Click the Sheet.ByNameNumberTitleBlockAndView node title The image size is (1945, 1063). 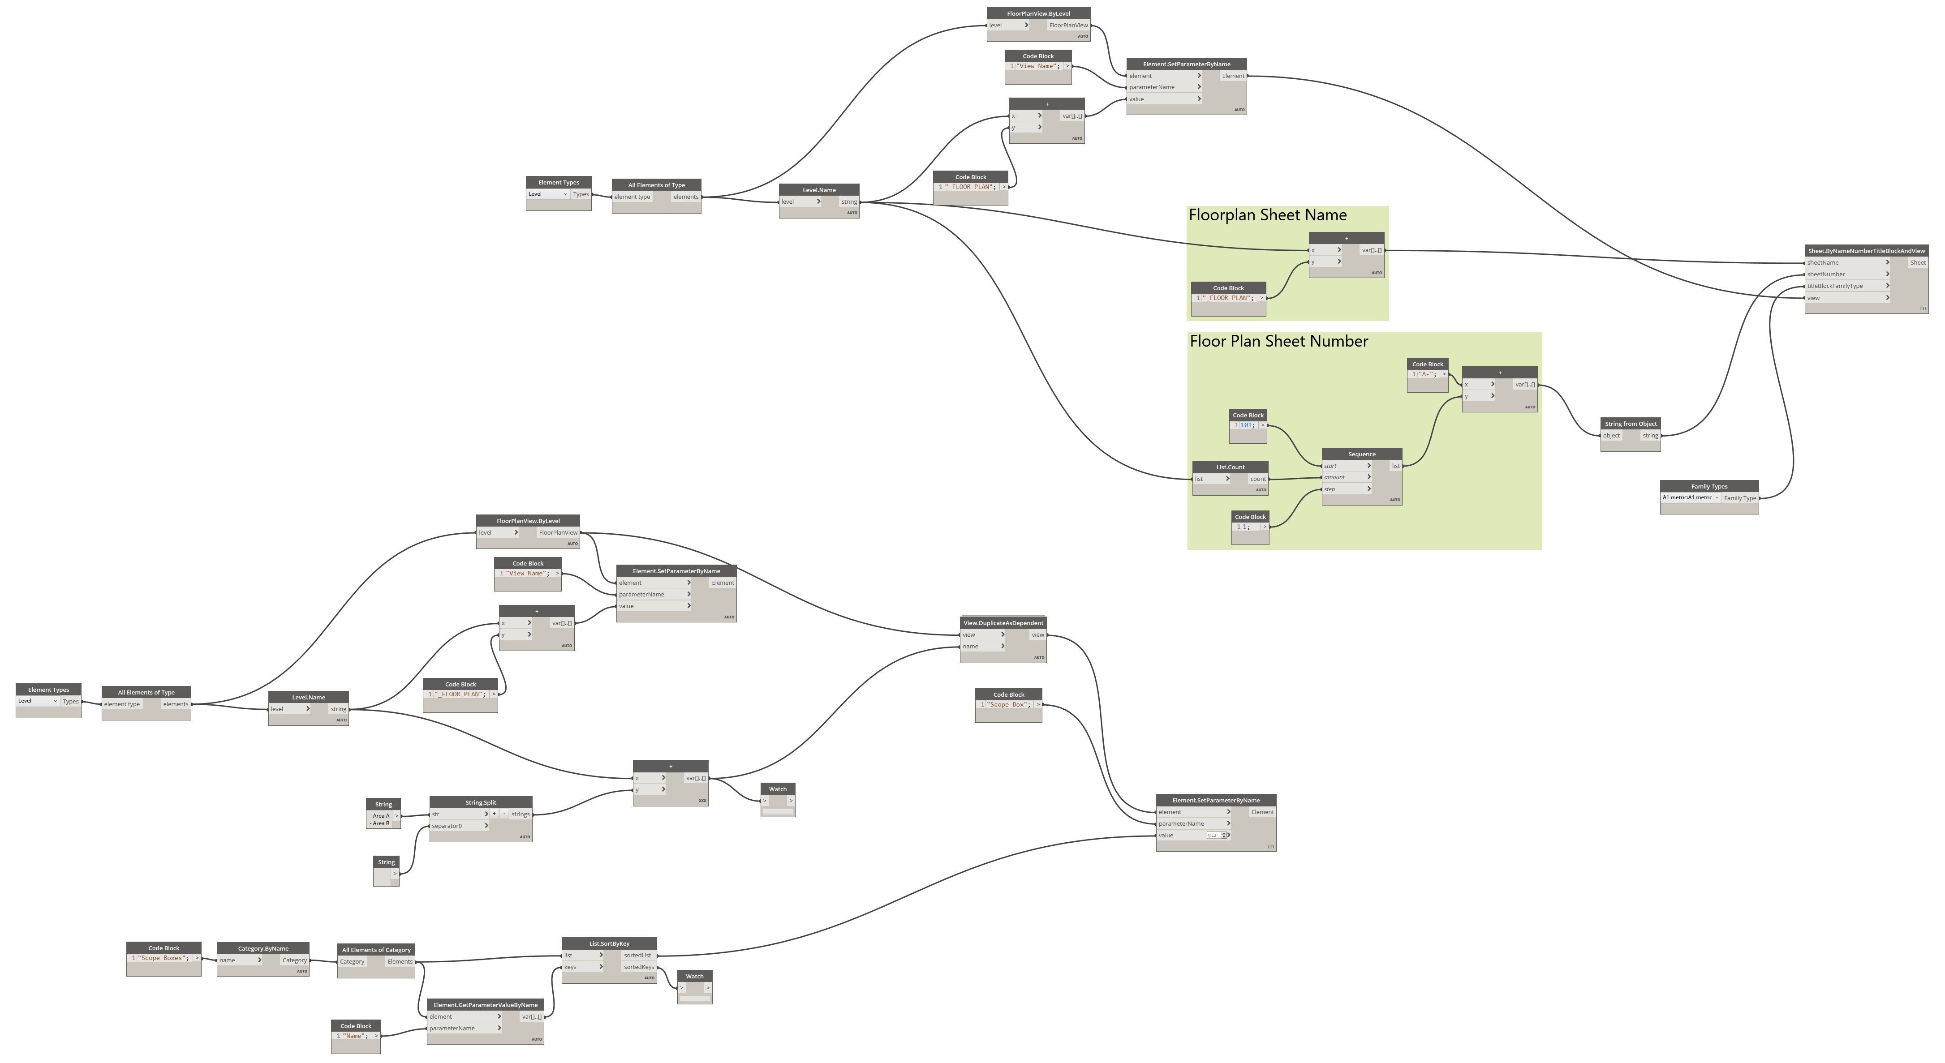coord(1866,251)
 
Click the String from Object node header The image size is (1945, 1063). coord(1630,424)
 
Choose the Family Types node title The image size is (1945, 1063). coord(1708,486)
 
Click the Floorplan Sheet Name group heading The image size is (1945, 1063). coord(1267,216)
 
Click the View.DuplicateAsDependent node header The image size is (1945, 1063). coord(1003,623)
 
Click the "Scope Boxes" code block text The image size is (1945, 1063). coord(162,958)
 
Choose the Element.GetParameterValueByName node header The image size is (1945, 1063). coord(485,1005)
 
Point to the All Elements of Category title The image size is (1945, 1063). coord(376,950)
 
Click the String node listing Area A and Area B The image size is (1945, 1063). coord(381,819)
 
